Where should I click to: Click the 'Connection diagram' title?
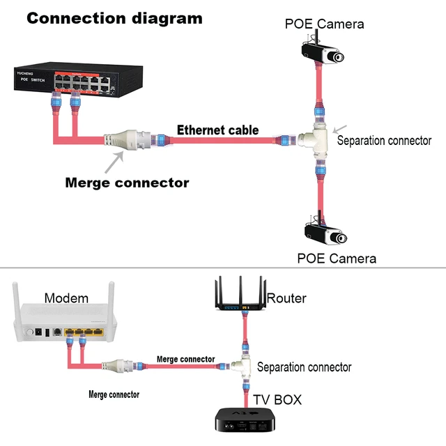pos(114,17)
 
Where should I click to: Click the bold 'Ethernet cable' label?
pos(217,130)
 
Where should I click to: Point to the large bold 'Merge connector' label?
pos(127,183)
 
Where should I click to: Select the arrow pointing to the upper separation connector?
pos(341,129)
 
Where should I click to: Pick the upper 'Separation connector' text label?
pos(384,140)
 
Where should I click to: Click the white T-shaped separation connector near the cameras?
pos(314,139)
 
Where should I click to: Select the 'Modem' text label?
pos(66,298)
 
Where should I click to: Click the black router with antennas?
pos(240,296)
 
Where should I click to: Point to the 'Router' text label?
pos(286,298)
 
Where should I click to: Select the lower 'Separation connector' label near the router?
pos(304,367)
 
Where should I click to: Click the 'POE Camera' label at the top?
pos(324,24)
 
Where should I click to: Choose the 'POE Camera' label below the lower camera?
pos(337,259)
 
